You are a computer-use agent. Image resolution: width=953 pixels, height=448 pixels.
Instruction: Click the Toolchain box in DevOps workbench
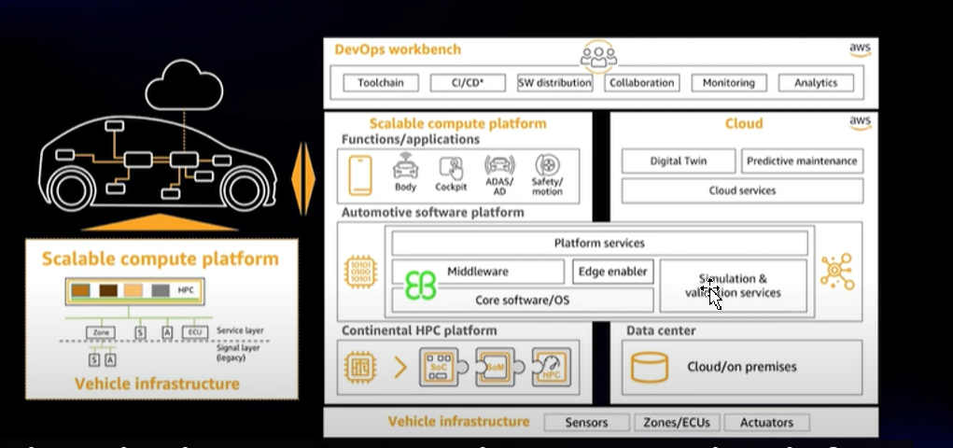tap(380, 83)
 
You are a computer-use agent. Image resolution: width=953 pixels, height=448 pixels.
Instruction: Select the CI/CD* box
tap(468, 83)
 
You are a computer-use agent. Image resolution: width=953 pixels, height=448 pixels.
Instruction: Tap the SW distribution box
tap(555, 83)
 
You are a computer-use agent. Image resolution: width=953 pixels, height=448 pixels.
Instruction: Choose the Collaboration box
tap(641, 83)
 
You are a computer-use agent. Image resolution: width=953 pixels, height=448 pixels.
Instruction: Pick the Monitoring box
tap(729, 83)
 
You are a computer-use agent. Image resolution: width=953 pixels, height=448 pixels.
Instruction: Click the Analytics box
tap(816, 83)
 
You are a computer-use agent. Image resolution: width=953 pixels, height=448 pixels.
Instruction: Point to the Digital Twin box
tap(679, 161)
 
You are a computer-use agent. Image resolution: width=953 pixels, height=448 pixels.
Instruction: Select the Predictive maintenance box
tap(802, 161)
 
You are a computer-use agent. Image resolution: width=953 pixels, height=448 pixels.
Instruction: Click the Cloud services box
tap(742, 190)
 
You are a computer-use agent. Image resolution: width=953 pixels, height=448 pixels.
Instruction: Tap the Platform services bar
tap(599, 244)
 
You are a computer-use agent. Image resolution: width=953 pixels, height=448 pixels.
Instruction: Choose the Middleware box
tap(478, 272)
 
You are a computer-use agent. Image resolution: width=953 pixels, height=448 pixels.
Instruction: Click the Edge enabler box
tap(612, 272)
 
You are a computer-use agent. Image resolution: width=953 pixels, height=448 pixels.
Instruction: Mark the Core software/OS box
tap(522, 301)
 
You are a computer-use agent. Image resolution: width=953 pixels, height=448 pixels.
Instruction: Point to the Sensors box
tap(586, 423)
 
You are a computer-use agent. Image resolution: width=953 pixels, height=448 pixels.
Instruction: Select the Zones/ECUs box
tap(677, 423)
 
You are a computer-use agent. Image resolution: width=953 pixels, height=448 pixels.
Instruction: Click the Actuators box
tap(766, 423)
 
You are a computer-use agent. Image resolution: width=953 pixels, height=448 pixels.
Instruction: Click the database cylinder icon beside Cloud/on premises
tap(650, 367)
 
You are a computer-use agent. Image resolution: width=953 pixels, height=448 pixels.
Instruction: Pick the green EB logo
tap(420, 286)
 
